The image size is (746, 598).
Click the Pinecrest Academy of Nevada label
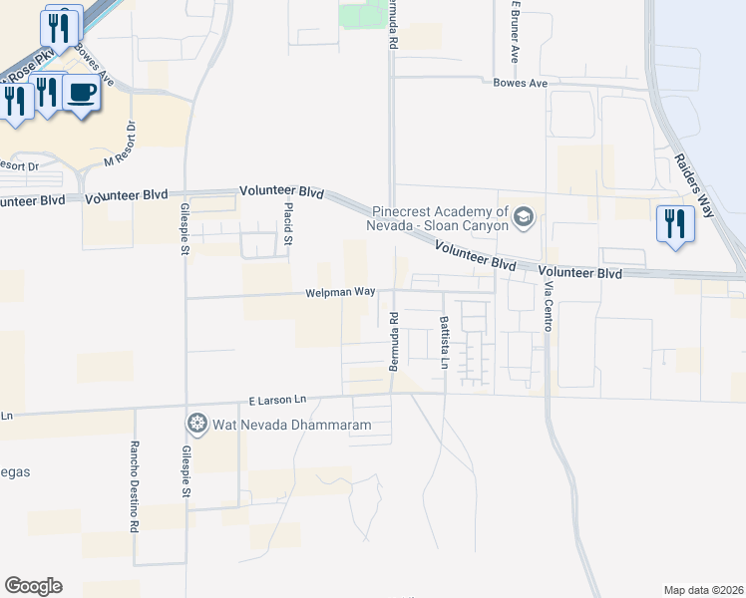point(440,217)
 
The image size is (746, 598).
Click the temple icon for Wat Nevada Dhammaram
point(196,425)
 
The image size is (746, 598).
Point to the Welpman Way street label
point(340,292)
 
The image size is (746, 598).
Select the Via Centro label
point(548,306)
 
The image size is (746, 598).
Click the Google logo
point(33,586)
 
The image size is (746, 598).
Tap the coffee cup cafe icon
point(82,94)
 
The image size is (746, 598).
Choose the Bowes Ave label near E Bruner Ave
point(521,84)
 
